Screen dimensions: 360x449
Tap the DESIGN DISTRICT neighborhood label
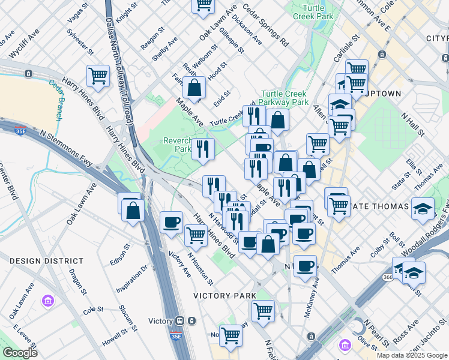[x=46, y=261]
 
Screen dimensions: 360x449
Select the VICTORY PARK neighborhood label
[x=224, y=296]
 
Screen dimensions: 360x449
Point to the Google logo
[x=19, y=353]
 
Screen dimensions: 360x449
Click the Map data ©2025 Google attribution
[x=412, y=355]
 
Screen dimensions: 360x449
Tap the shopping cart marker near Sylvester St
[x=98, y=76]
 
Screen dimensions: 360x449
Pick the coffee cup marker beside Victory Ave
[x=172, y=223]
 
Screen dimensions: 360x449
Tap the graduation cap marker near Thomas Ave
[x=423, y=208]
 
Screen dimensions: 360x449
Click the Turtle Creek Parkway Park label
[x=284, y=98]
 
